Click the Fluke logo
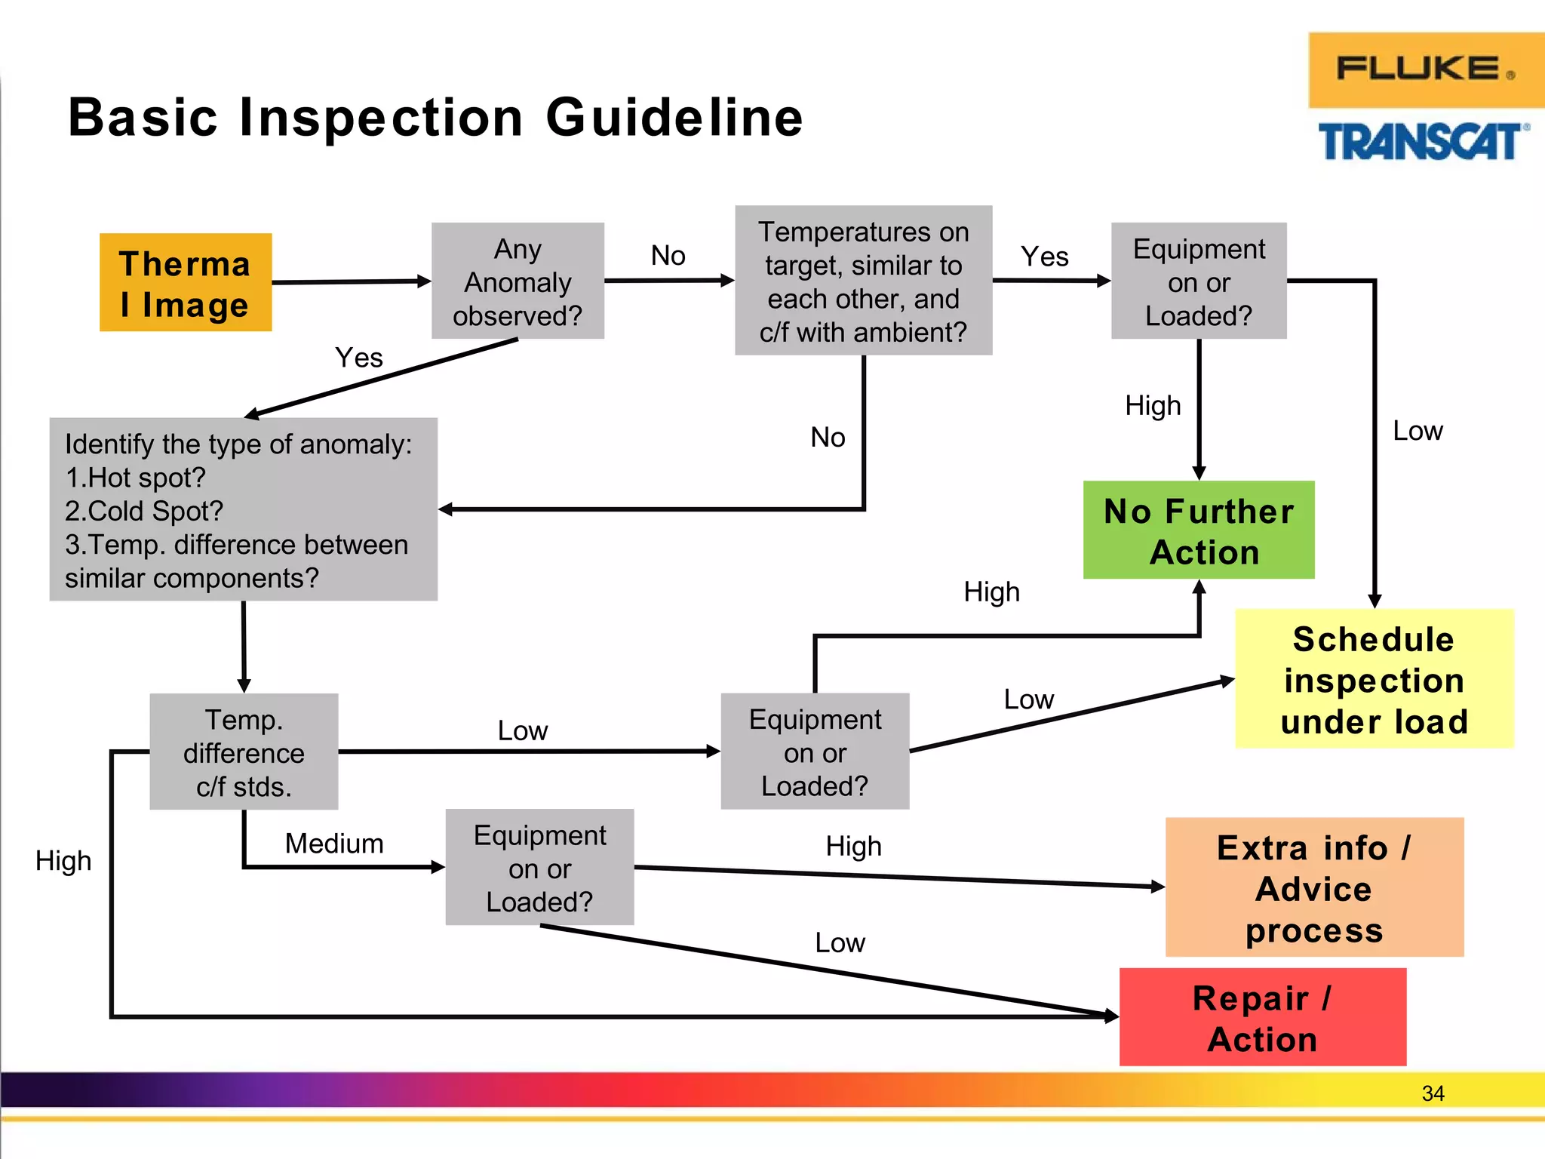[x=1424, y=69]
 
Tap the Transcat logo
[x=1423, y=142]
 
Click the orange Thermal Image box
[x=186, y=283]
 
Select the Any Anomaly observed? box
[x=518, y=281]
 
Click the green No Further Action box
[x=1199, y=530]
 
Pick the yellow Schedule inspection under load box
[x=1374, y=679]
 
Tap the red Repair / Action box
[x=1262, y=1017]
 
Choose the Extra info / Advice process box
[x=1314, y=887]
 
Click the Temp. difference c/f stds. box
[x=244, y=752]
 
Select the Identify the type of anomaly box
[x=243, y=510]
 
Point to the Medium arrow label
[x=334, y=844]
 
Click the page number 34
[x=1433, y=1093]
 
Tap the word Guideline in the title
[x=674, y=118]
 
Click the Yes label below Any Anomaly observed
[x=359, y=358]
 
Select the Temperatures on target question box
[x=863, y=281]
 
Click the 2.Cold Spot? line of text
[x=144, y=512]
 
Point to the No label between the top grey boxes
[x=668, y=256]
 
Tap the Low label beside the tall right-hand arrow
[x=1418, y=431]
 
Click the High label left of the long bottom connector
[x=63, y=861]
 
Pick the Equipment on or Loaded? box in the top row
[x=1199, y=281]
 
